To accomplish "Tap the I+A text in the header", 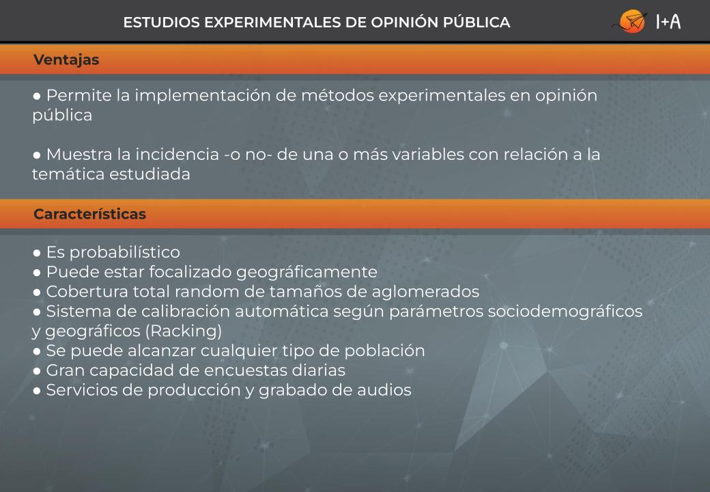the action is tap(668, 21).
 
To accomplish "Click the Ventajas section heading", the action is tap(66, 60).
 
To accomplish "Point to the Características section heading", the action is tap(89, 214).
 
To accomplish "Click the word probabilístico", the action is tap(124, 252).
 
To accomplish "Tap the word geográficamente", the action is tap(307, 272).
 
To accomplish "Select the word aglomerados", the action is tap(425, 292).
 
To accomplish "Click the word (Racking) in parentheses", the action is tap(184, 331).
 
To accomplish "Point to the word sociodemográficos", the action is tap(565, 312).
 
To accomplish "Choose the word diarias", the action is tap(318, 370).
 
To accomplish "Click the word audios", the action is tap(384, 390).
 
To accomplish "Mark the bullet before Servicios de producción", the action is tap(37, 390).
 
